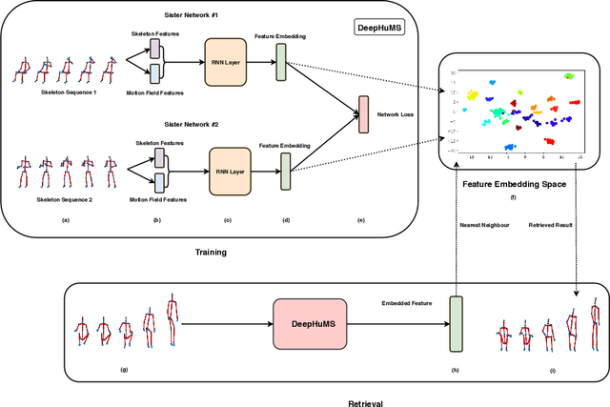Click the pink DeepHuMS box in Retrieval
pos(311,323)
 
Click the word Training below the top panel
pos(210,252)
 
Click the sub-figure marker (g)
pos(124,368)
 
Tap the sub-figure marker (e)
pos(360,219)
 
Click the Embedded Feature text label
pos(406,302)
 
